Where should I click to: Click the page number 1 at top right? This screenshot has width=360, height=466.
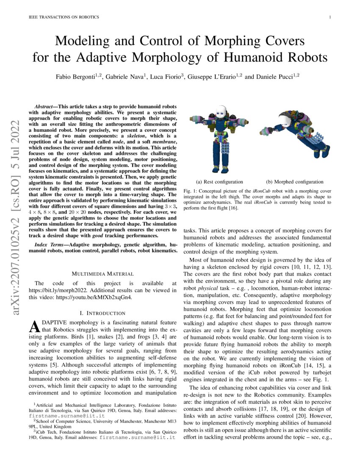point(330,17)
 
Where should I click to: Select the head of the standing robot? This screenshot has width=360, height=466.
point(220,111)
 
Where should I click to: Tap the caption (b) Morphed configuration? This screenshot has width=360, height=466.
point(295,182)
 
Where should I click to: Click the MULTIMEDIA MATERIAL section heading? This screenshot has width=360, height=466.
point(103,274)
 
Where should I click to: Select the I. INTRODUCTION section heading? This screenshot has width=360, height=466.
point(103,313)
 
